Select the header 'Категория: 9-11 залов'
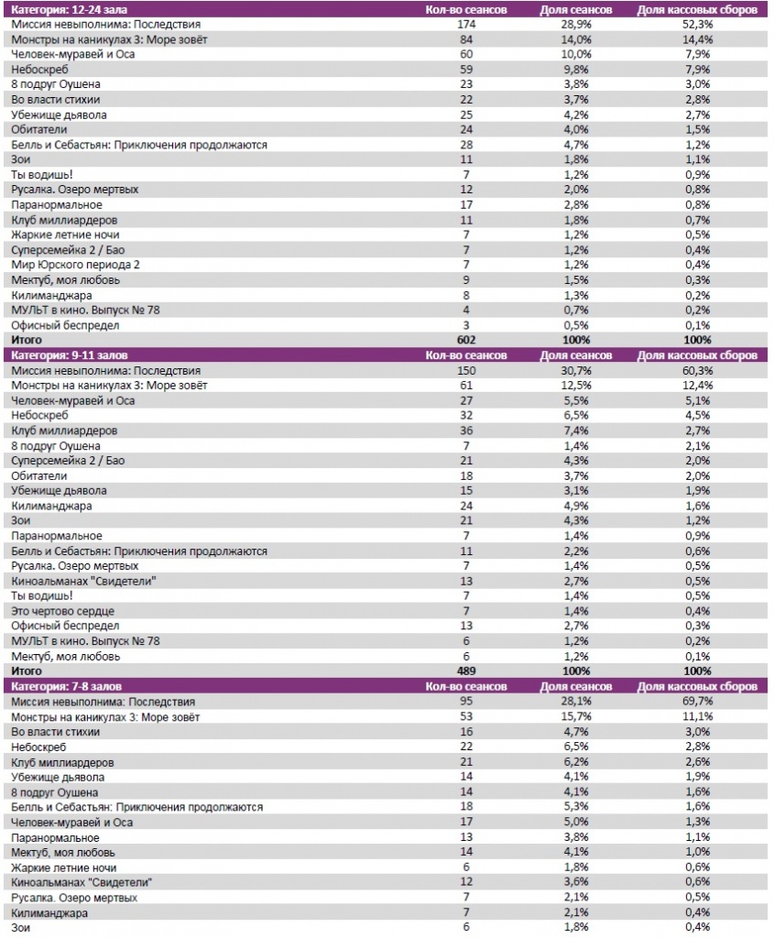(67, 354)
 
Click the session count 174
(466, 25)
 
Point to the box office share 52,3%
(697, 25)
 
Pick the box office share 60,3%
(697, 370)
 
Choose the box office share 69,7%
(697, 702)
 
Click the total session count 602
(466, 340)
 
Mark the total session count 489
(466, 671)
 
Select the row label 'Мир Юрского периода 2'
(75, 265)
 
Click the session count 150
(466, 370)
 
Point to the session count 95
(466, 702)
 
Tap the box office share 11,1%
(697, 716)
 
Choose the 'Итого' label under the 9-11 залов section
(27, 671)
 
